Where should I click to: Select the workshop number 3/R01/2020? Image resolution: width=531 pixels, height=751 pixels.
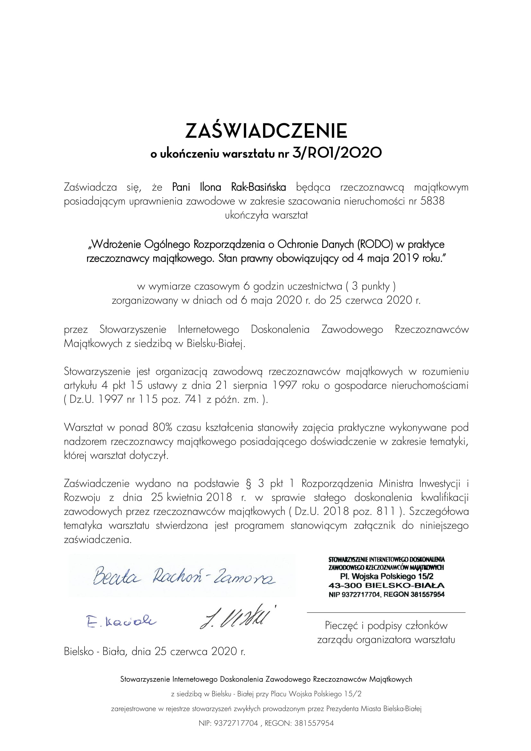click(x=337, y=153)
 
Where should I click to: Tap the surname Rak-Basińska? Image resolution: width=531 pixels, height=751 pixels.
click(x=259, y=188)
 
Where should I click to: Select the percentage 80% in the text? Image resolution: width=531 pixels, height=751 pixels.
click(x=164, y=427)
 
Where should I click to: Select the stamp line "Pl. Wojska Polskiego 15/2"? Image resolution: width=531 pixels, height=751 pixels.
click(x=386, y=576)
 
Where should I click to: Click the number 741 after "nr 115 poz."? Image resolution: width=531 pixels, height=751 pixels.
click(x=192, y=400)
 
